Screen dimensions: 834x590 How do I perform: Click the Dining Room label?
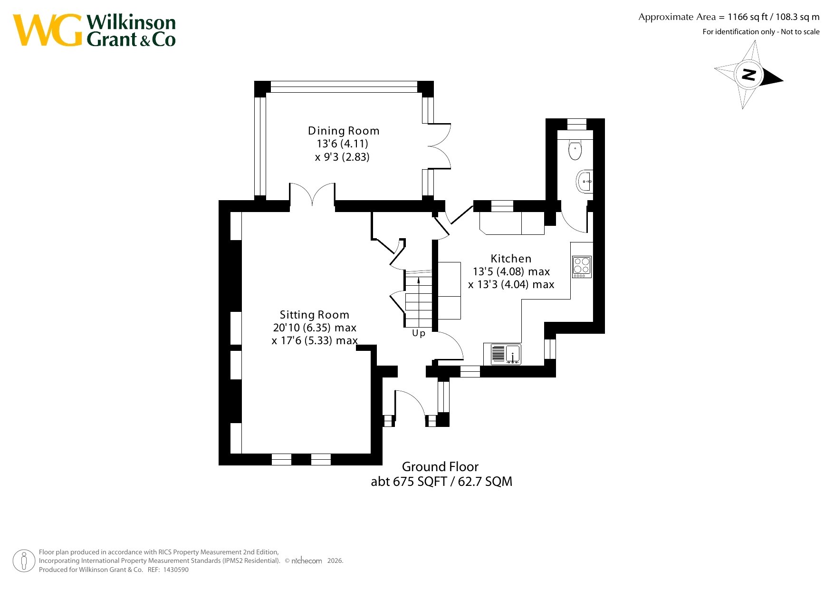(x=344, y=131)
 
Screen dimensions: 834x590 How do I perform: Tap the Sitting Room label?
(x=315, y=315)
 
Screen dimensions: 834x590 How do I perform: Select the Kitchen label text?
(x=511, y=259)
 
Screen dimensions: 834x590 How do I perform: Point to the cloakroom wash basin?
(x=585, y=181)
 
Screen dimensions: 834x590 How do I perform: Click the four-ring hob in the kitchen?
(x=582, y=267)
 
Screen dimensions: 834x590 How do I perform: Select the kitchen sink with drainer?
(x=502, y=354)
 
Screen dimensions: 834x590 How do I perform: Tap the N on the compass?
(x=749, y=75)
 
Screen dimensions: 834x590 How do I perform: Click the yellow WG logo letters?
(x=48, y=30)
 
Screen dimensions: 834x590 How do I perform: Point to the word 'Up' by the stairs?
(x=419, y=333)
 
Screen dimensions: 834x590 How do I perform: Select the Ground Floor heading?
(x=440, y=466)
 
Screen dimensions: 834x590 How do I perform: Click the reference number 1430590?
(x=176, y=570)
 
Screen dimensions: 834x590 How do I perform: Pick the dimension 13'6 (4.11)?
(x=342, y=144)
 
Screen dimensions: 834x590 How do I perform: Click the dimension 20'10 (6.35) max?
(x=315, y=328)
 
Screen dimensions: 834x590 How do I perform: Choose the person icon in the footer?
(x=24, y=561)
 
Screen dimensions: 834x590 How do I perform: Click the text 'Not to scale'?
(x=800, y=32)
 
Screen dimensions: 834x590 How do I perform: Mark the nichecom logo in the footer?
(x=306, y=561)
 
